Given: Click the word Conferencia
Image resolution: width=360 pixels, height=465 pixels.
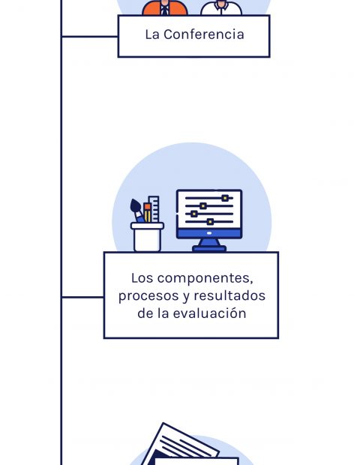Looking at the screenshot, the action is (x=204, y=34).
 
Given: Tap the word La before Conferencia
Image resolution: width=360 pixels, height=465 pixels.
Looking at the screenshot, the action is (x=152, y=34).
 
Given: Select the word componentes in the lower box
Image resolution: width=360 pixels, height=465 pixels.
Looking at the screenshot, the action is (x=205, y=279).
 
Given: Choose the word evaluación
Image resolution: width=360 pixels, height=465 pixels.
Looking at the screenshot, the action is (x=209, y=313).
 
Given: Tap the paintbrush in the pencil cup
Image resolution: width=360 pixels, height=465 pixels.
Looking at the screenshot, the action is (x=136, y=211).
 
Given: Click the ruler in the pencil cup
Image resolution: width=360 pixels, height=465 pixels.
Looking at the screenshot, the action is (x=154, y=209).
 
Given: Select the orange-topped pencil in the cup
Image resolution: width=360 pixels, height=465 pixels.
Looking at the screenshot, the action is (x=148, y=213).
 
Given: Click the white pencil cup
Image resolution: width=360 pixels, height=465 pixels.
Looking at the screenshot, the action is (x=147, y=237).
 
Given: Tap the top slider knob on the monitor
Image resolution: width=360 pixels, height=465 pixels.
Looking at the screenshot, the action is (x=225, y=198).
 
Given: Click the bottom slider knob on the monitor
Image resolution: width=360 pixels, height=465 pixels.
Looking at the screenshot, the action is (x=210, y=221).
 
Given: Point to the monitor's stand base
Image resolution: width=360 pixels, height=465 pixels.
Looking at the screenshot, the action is (x=209, y=248).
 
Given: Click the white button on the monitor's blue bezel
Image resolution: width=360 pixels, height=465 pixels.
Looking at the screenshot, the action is (x=209, y=233).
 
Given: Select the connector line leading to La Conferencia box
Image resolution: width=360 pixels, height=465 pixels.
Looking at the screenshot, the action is (x=89, y=37).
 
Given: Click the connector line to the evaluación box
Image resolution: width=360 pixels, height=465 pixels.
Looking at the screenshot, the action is (x=82, y=297).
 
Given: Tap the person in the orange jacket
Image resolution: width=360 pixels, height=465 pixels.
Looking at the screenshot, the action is (x=165, y=7).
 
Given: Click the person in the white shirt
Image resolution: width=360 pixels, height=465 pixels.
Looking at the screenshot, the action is (x=221, y=7).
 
